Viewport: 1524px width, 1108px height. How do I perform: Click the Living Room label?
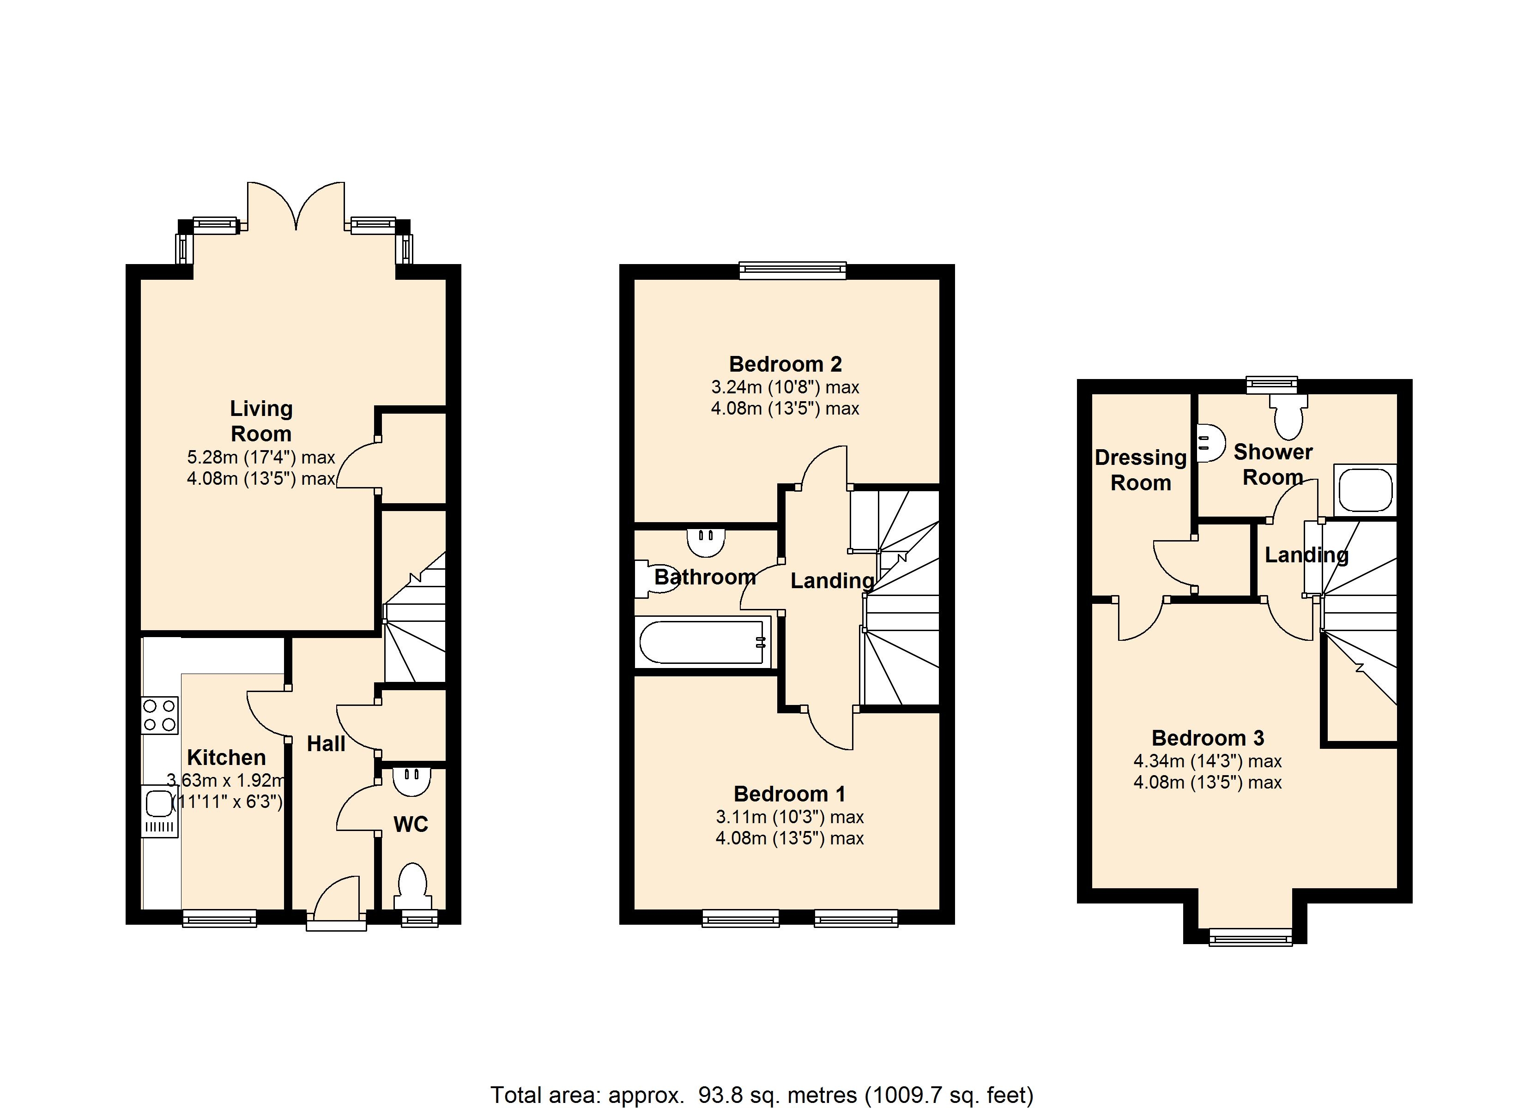point(261,421)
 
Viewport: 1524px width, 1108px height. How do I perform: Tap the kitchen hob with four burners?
point(160,715)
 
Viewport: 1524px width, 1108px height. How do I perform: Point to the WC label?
point(411,825)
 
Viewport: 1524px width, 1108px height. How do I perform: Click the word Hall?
point(326,744)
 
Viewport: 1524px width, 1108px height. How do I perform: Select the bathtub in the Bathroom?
point(703,642)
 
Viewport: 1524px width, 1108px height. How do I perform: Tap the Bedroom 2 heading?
point(785,364)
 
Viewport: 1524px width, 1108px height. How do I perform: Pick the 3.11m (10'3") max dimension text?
point(790,817)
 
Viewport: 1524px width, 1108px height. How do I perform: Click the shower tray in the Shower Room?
point(1365,489)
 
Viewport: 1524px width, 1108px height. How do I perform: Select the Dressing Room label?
point(1140,470)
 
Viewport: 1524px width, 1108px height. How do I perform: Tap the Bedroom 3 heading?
point(1208,738)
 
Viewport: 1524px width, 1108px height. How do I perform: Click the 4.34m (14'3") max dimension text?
point(1208,761)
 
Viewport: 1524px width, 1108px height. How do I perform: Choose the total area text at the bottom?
point(762,1095)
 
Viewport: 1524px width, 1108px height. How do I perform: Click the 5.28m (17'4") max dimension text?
point(261,458)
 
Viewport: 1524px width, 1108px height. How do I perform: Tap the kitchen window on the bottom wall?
point(220,918)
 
